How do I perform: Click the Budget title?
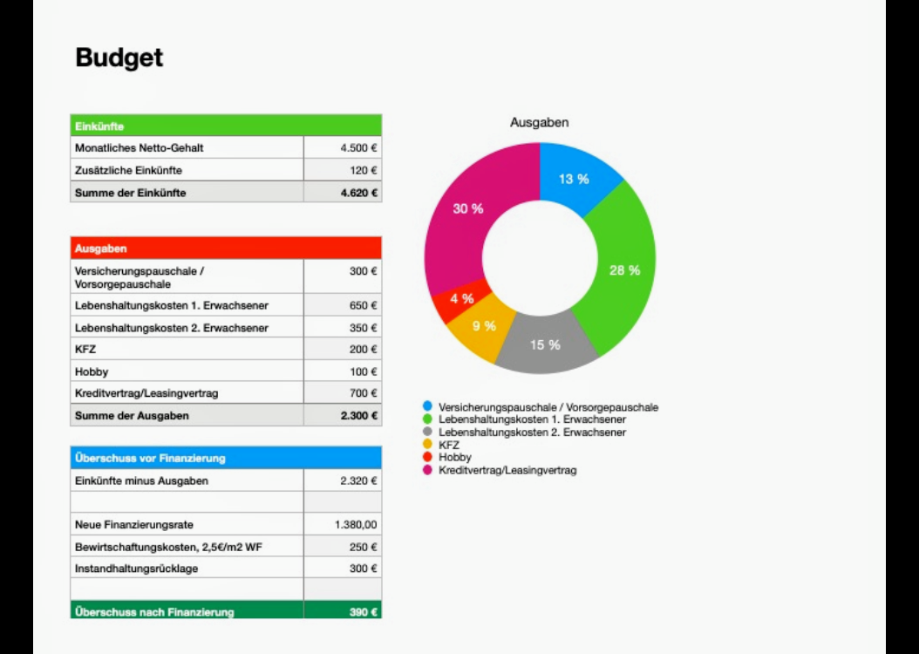point(119,58)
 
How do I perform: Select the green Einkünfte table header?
point(225,126)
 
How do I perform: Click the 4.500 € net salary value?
point(358,148)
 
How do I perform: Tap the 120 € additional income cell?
point(364,171)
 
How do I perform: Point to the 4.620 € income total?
point(358,193)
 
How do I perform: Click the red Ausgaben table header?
point(225,249)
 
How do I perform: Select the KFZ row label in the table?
point(85,350)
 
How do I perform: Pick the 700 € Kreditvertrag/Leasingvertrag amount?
point(364,393)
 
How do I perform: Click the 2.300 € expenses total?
point(358,416)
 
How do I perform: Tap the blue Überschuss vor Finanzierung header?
point(225,458)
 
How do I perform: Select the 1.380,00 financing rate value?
point(356,525)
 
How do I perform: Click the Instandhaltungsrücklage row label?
point(136,569)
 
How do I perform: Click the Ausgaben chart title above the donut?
point(540,123)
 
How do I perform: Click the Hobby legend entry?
point(454,457)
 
